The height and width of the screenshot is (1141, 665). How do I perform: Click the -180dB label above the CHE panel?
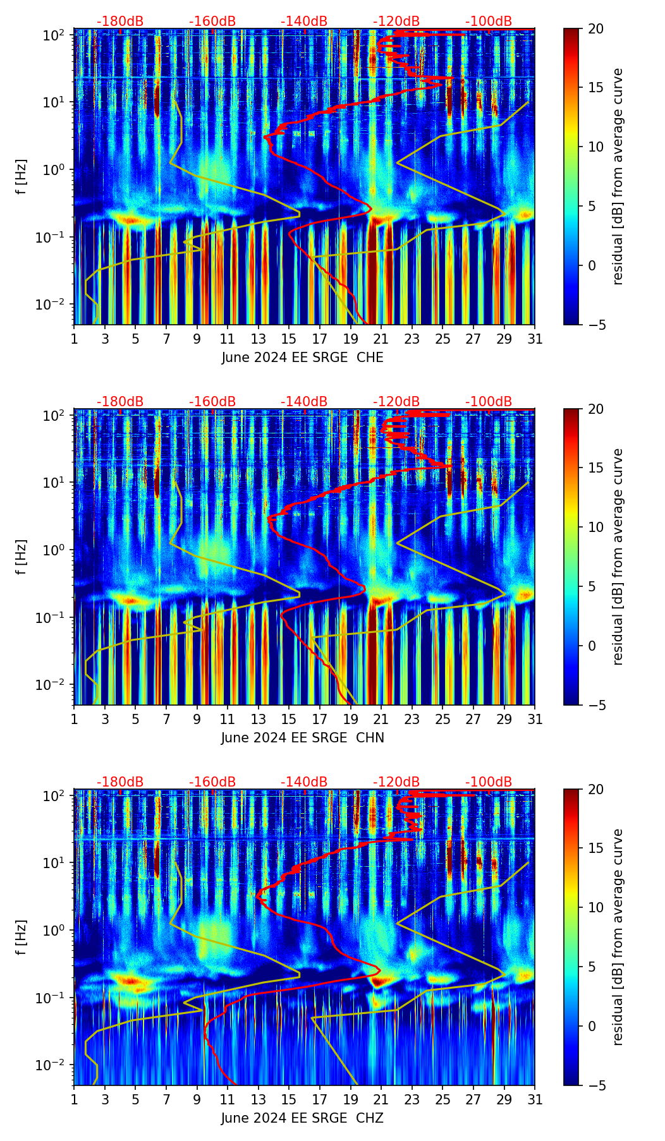(x=120, y=21)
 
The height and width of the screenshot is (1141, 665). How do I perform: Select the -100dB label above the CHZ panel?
(x=489, y=782)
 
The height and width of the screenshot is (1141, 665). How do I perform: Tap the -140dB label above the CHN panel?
(x=304, y=402)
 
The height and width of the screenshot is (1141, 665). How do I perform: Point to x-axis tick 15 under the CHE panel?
(x=289, y=339)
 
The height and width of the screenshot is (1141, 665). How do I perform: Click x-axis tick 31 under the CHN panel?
(x=535, y=719)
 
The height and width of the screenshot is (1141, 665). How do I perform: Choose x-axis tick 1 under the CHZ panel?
(x=74, y=1099)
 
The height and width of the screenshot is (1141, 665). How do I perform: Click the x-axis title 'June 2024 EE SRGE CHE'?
(x=302, y=358)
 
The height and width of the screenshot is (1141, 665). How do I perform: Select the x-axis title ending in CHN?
(x=302, y=738)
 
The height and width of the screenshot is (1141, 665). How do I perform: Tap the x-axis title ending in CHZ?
(x=302, y=1118)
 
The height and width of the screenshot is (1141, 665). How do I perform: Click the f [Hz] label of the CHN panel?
(x=21, y=557)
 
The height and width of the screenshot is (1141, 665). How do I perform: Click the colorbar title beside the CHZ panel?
(x=618, y=937)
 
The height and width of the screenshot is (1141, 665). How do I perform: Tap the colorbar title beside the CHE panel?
(x=618, y=176)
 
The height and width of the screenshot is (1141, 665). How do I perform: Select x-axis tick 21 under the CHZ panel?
(x=381, y=1099)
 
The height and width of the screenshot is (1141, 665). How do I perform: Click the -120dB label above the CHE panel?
(x=396, y=21)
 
